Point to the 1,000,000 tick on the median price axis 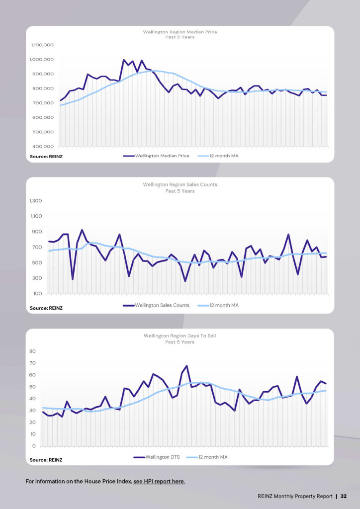coord(42,60)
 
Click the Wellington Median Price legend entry coord(156,156)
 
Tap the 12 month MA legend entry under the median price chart coord(218,156)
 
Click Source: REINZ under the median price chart coord(46,157)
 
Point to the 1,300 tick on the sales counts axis coord(36,201)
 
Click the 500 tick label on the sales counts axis coord(38,262)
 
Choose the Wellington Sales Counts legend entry coord(156,305)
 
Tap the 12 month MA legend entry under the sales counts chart coord(218,305)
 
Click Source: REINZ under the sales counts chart coord(46,308)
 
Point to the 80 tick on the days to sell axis coord(32,351)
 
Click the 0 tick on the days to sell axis coord(34,446)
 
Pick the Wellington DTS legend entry coord(157,457)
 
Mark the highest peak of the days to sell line coord(186,366)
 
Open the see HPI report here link coord(159,481)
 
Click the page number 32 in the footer coord(344,496)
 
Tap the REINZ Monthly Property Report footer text coord(295,496)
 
